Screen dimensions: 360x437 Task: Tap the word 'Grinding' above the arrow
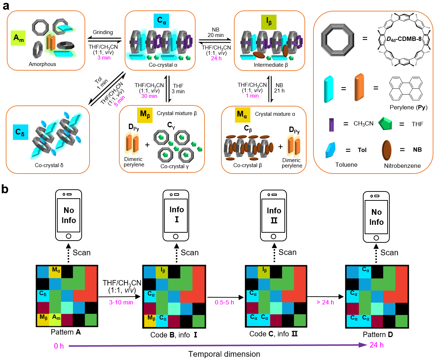coord(103,32)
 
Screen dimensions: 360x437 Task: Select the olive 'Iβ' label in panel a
coord(269,22)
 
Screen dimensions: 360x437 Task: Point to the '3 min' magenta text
coord(104,58)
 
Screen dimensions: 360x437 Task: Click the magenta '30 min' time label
coord(149,96)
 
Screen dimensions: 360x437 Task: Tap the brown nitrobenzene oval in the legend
coord(387,150)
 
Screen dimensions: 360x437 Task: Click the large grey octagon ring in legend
coord(337,37)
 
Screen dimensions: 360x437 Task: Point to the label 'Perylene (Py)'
coord(408,107)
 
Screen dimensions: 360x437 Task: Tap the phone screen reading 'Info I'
coord(176,214)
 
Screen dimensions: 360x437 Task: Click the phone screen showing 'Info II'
coord(274,215)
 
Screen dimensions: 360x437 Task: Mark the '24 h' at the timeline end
coord(376,345)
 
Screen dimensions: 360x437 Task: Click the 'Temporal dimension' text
coord(224,354)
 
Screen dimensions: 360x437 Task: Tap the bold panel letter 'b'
coord(5,189)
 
